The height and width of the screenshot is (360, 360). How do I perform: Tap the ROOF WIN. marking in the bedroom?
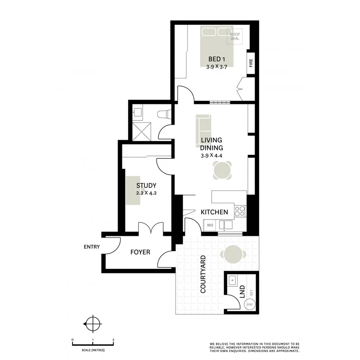coord(235,37)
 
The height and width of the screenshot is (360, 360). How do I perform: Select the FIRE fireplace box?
coord(251,64)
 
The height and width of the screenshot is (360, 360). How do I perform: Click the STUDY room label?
coord(146,186)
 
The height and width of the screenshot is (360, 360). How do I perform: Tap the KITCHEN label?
coord(214,212)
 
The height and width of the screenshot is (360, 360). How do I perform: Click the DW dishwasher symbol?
coord(209,226)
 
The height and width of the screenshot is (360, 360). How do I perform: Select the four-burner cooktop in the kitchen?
coord(240,211)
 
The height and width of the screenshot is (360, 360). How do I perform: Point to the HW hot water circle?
coord(250,305)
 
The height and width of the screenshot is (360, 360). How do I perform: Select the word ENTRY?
coord(92,247)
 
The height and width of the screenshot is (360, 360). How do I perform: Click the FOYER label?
coord(140,252)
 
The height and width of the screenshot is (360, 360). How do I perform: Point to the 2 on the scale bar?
coord(114,339)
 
